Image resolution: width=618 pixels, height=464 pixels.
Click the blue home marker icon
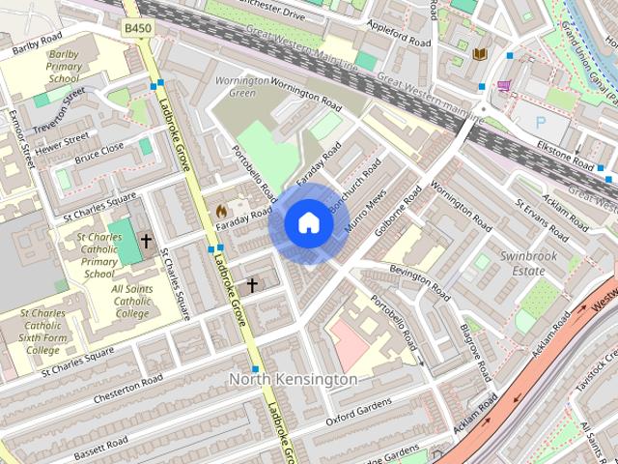coord(307,223)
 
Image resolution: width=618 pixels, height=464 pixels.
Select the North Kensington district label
coord(293,380)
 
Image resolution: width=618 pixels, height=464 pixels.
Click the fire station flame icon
coord(221,208)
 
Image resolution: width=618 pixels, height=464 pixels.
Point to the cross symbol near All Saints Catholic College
coord(147,240)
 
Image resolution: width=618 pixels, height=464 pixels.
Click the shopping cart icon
coord(504,85)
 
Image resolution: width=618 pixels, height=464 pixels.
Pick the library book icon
coord(480,54)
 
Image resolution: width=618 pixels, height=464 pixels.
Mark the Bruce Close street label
coord(99,152)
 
